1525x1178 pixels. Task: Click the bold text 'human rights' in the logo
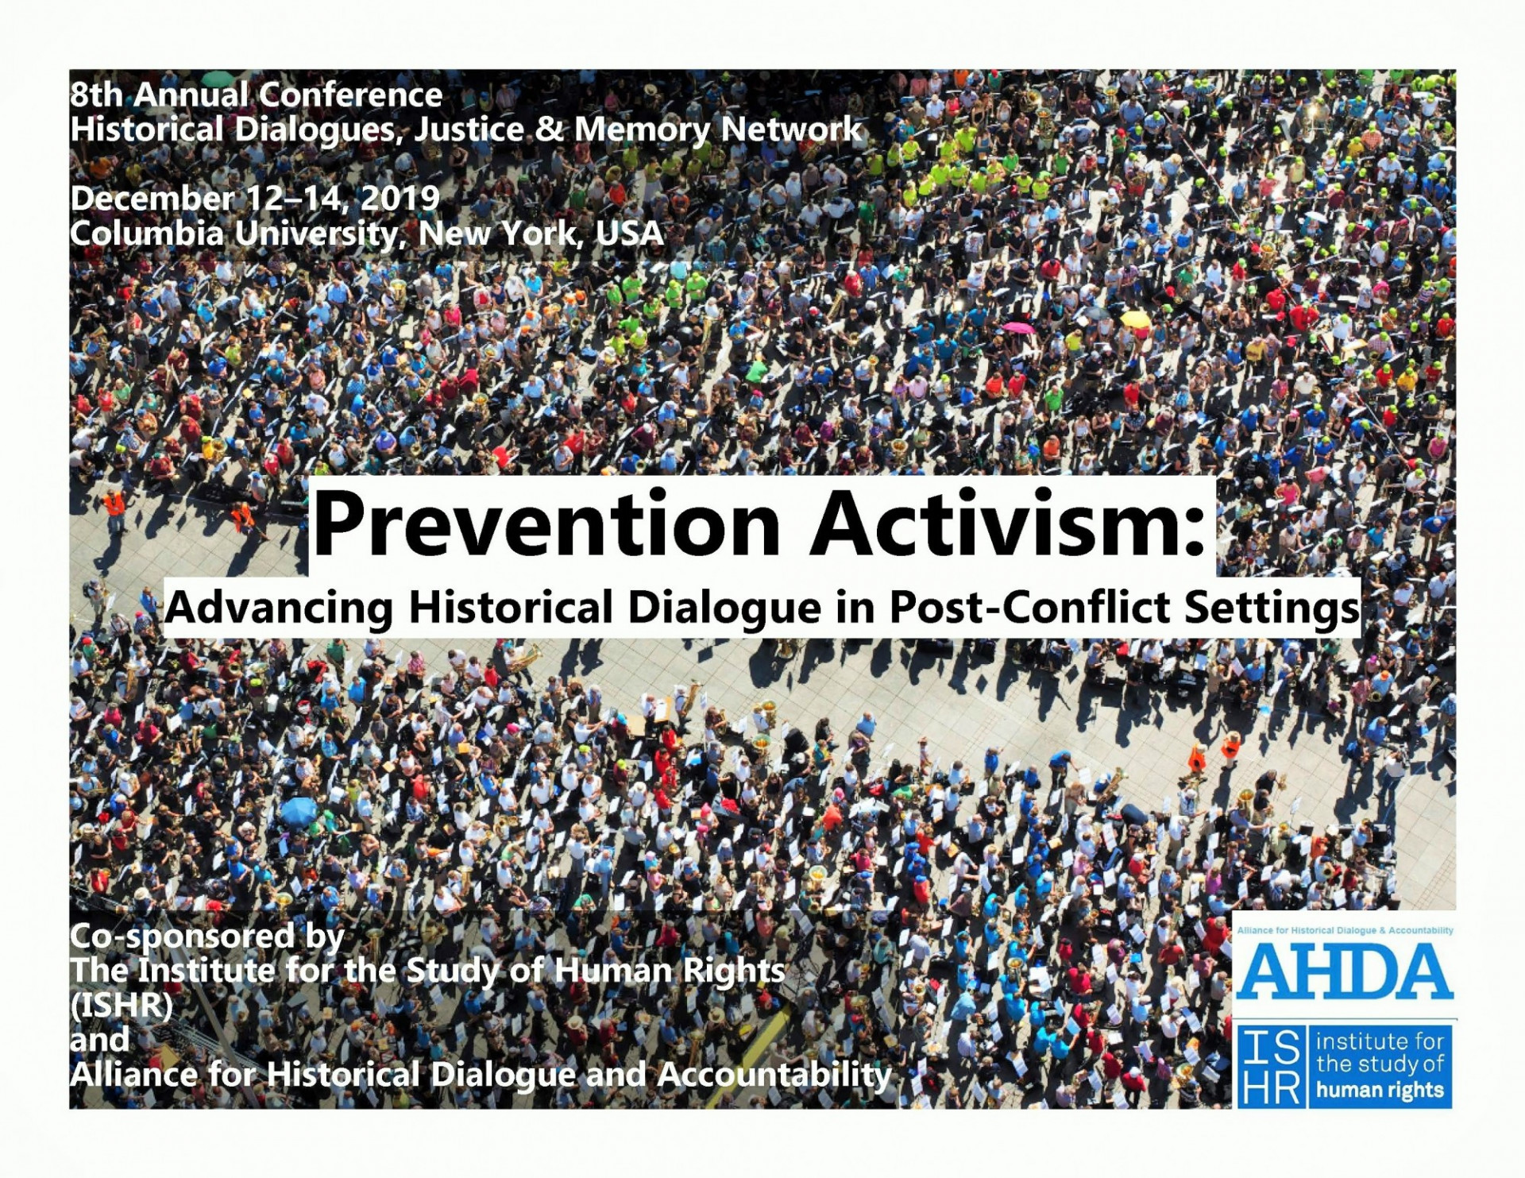[x=1380, y=1089]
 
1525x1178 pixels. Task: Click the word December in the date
[x=152, y=198]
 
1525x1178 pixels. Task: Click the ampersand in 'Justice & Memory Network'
[x=547, y=129]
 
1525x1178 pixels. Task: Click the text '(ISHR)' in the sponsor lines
[x=121, y=1006]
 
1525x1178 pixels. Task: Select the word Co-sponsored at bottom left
[x=182, y=937]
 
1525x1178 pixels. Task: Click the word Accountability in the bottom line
[x=775, y=1075]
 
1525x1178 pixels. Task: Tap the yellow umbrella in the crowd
[x=1135, y=319]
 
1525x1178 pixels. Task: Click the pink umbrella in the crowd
[x=1019, y=327]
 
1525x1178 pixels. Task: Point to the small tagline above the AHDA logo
[x=1345, y=930]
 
